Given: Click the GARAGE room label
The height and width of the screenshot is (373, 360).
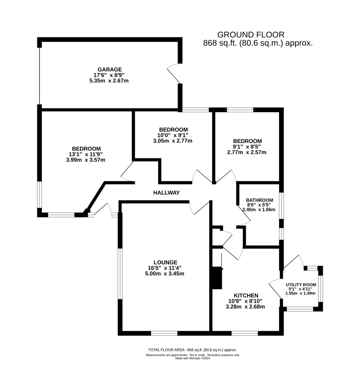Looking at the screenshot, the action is point(110,69).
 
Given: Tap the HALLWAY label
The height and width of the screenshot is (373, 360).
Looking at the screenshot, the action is point(166,193).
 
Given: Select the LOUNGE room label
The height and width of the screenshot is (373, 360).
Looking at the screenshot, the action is point(165,262).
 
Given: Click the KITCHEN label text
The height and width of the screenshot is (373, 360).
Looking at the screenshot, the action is point(246,295).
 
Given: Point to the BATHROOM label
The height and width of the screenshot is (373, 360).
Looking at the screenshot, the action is point(259,200).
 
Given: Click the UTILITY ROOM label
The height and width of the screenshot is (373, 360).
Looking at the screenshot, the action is point(301,285).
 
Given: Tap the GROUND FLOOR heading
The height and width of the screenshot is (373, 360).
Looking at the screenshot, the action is point(251,35).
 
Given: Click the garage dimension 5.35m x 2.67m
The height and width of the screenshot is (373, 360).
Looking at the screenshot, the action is point(109,80).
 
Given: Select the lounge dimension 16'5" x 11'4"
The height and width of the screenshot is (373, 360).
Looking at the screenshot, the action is point(165,268).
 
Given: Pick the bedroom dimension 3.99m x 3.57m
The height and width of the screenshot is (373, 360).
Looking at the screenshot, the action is point(86,160).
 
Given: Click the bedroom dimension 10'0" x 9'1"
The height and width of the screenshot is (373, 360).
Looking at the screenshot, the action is point(173,135).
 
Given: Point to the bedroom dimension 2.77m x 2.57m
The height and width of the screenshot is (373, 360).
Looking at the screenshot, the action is point(247,152).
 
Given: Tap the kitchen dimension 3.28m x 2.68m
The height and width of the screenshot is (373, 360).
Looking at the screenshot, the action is point(245,307).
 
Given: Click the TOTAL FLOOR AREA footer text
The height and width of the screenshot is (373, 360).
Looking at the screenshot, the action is point(193,350).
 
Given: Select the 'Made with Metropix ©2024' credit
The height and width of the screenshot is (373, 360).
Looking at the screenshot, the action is point(193,358).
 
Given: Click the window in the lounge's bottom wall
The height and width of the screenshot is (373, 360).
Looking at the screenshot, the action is point(164,333).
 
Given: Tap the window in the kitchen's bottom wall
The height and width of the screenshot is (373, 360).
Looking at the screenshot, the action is point(245,333).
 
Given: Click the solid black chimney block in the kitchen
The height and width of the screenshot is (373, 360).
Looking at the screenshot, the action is point(217,278).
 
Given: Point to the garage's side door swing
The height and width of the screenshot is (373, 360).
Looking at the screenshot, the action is point(175,73).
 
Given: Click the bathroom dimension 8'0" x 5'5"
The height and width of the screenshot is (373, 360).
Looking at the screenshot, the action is point(259,205).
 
